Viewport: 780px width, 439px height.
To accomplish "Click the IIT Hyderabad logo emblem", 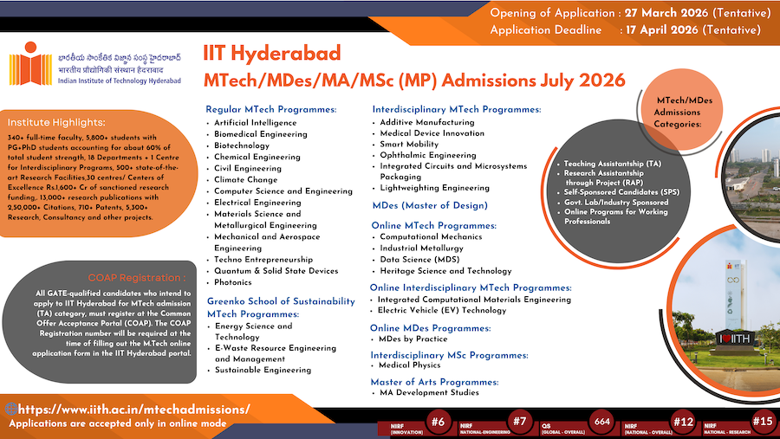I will [25, 67].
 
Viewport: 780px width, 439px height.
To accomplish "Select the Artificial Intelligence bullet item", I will [255, 123].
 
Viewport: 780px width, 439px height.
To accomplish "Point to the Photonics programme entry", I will [233, 282].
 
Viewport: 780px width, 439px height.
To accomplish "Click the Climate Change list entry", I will [246, 180].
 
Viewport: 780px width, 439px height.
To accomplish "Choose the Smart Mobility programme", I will [409, 145].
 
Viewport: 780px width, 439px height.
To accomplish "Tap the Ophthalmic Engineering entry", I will [428, 156].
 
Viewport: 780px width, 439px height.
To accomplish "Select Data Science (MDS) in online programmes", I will [421, 259].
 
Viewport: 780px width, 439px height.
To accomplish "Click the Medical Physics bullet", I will [412, 365].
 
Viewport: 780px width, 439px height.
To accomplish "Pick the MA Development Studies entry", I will [429, 393].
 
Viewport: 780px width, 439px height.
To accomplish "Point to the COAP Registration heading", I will [148, 278].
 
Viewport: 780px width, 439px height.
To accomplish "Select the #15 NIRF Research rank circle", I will [763, 422].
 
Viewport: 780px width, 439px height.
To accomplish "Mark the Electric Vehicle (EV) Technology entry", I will [442, 310].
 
